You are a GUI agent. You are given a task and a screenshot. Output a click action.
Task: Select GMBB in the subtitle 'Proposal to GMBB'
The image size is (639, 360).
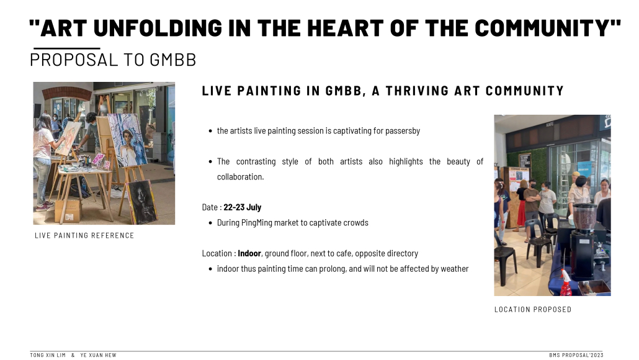click(173, 60)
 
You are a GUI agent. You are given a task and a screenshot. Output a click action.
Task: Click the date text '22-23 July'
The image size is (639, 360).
click(242, 207)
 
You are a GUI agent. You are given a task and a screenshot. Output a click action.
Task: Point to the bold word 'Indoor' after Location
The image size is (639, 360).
click(249, 253)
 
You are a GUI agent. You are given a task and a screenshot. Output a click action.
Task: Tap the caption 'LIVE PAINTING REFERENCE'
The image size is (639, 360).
click(84, 236)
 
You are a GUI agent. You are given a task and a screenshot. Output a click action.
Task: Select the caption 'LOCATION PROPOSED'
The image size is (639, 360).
click(533, 310)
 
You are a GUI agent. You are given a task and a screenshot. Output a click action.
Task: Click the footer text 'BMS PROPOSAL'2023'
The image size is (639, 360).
click(576, 355)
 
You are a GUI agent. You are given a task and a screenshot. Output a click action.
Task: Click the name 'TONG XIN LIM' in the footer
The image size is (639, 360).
click(48, 355)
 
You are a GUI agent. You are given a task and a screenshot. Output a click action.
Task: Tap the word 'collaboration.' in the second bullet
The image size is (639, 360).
click(241, 177)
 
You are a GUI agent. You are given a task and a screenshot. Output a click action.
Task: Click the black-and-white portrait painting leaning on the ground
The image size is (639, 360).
click(142, 202)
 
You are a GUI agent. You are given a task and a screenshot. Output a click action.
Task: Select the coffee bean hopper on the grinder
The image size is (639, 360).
click(585, 217)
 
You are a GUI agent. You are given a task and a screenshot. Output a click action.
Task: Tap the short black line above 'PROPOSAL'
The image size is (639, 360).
click(67, 48)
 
